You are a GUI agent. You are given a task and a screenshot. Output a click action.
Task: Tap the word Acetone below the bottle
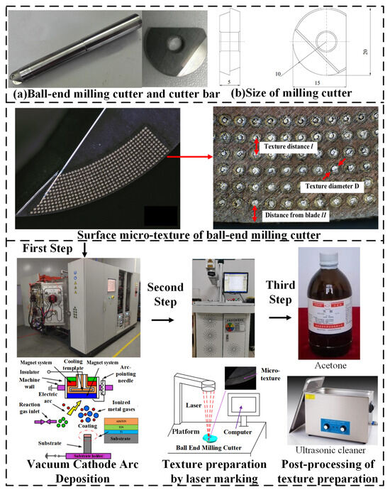point(333,364)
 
